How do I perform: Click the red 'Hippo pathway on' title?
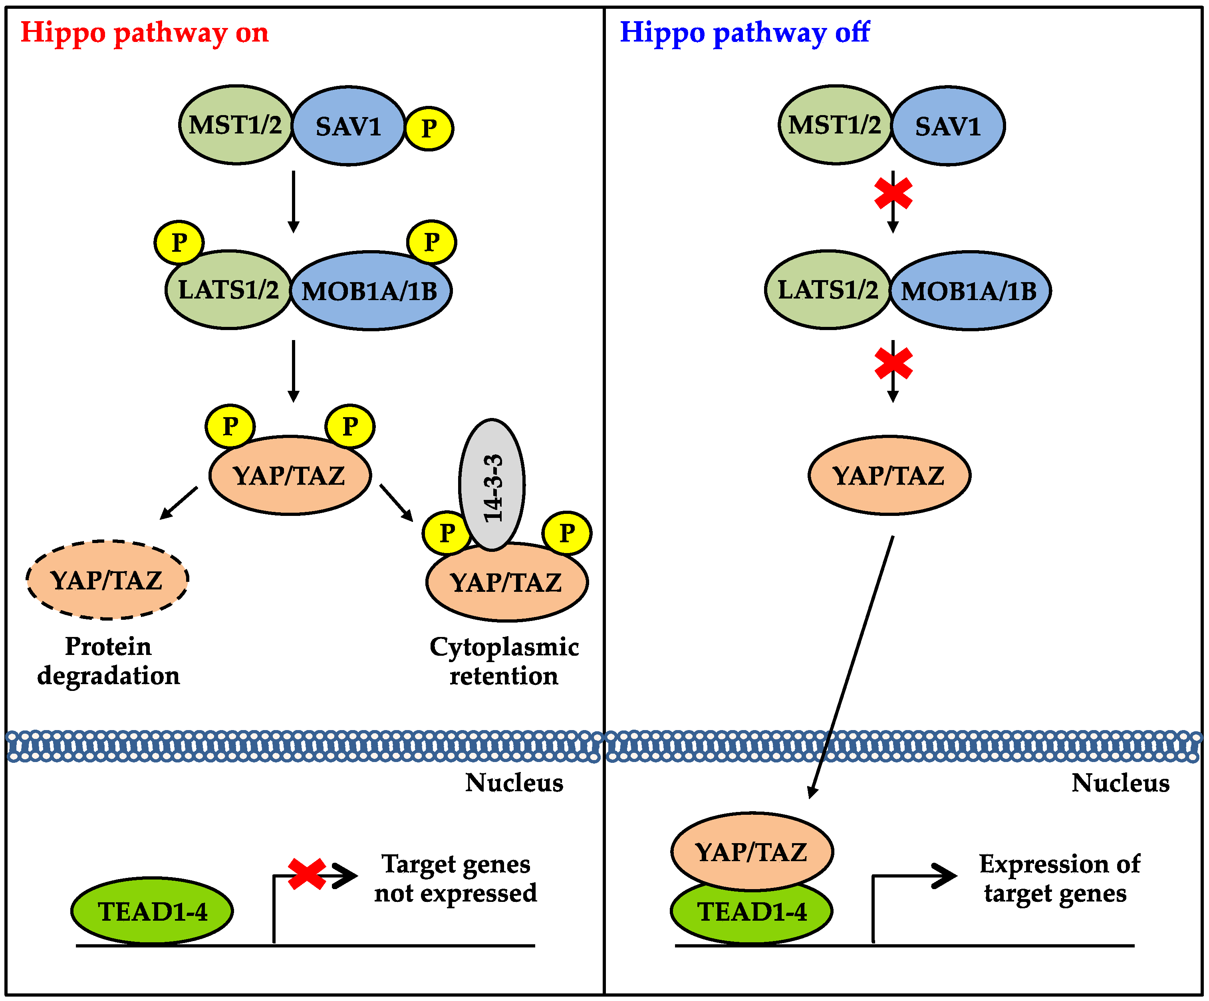[x=145, y=33]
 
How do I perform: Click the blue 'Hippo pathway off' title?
[x=744, y=33]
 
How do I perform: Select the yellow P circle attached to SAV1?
[x=429, y=128]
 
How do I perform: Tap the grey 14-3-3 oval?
[x=492, y=485]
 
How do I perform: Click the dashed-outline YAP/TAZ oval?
[x=108, y=580]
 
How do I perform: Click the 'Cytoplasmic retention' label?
[x=504, y=661]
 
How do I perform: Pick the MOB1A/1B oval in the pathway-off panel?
[x=970, y=291]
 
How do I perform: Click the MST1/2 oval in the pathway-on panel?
[x=236, y=125]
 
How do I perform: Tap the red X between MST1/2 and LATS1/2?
[x=893, y=193]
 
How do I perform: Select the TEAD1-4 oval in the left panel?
[x=152, y=911]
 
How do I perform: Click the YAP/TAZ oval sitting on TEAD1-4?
[x=752, y=851]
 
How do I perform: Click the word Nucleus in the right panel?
[x=1120, y=783]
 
